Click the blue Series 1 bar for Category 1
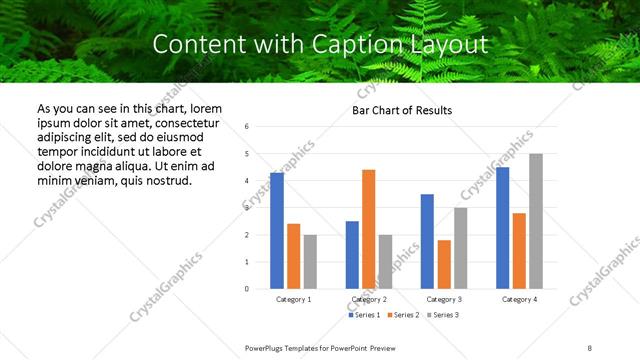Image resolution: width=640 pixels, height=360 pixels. [x=277, y=231]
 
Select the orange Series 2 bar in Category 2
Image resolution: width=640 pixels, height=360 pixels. [x=368, y=229]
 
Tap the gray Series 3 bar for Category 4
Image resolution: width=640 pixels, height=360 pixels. [x=536, y=221]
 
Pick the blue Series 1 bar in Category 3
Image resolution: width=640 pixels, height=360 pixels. [x=427, y=241]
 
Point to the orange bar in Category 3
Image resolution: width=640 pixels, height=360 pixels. [x=444, y=264]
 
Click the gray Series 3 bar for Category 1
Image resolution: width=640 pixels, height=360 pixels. [x=310, y=262]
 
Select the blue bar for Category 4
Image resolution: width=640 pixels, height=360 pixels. [x=503, y=228]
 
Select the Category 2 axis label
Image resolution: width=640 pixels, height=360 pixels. [x=369, y=300]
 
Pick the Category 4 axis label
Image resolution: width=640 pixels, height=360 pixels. [x=519, y=300]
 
